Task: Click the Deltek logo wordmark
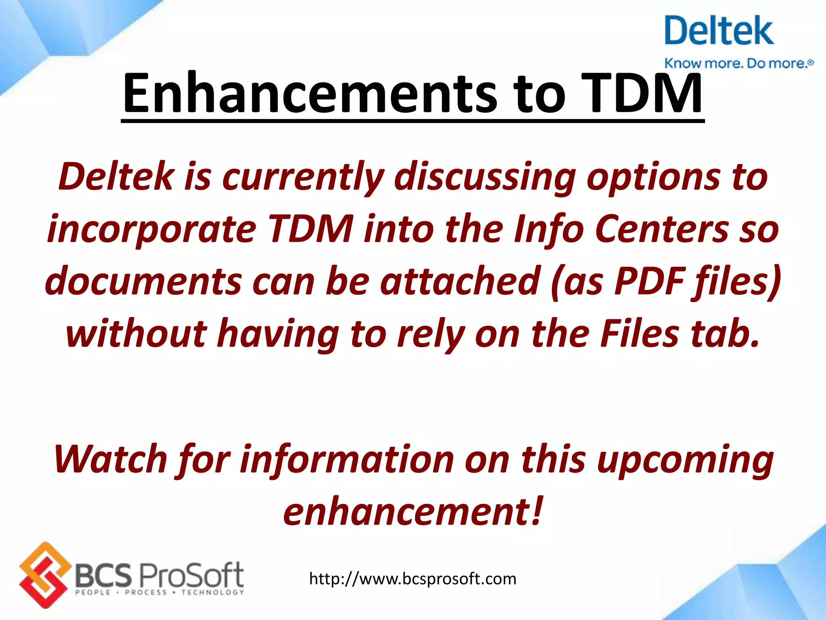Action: click(x=719, y=31)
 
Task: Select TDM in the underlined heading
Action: click(x=641, y=94)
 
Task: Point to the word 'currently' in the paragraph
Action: click(x=303, y=178)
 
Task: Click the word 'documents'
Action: click(x=144, y=281)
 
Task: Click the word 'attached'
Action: click(x=460, y=281)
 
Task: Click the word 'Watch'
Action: click(x=111, y=460)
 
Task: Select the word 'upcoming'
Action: click(x=685, y=460)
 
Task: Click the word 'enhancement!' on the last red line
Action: click(x=413, y=512)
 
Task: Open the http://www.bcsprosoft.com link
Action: click(x=413, y=579)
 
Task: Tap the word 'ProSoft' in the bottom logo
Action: click(x=191, y=575)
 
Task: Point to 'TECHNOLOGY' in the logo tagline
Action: click(x=213, y=593)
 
